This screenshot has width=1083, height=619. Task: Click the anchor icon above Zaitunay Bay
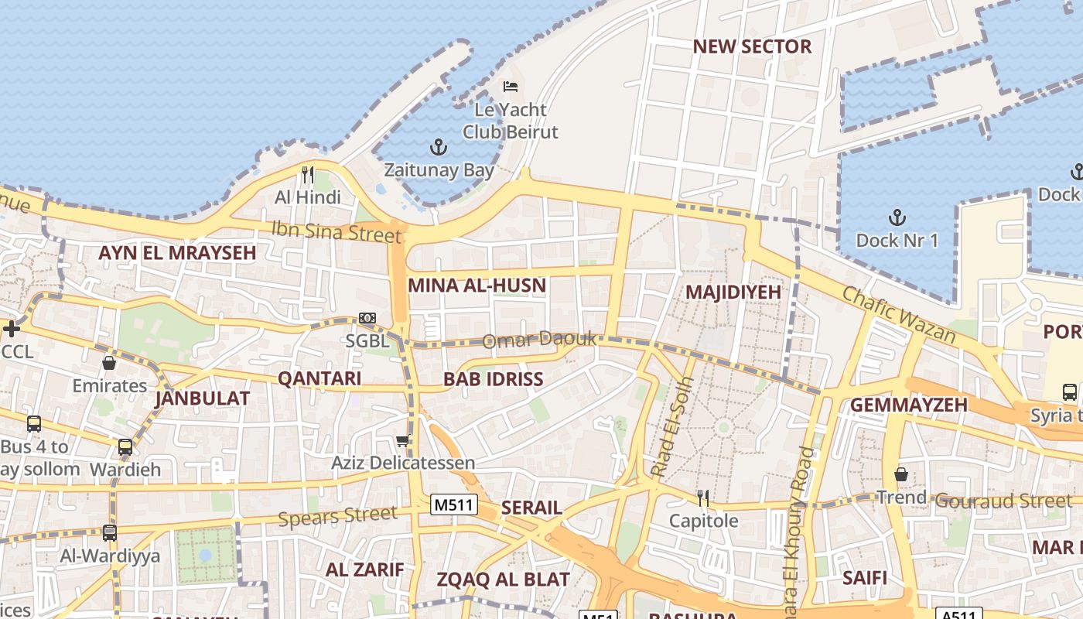pyautogui.click(x=439, y=146)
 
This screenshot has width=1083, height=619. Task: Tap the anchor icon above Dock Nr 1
pyautogui.click(x=897, y=217)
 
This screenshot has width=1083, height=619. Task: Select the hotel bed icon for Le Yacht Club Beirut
pyautogui.click(x=511, y=86)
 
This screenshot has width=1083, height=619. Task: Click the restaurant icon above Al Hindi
pyautogui.click(x=308, y=174)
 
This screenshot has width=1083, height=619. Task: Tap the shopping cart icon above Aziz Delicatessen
pyautogui.click(x=402, y=441)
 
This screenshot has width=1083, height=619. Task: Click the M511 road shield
pyautogui.click(x=454, y=505)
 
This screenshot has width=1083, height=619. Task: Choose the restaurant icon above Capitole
pyautogui.click(x=703, y=498)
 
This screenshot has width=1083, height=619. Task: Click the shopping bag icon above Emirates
pyautogui.click(x=109, y=362)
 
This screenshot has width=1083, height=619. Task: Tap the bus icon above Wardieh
pyautogui.click(x=125, y=446)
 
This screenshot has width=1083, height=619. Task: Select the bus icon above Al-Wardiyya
pyautogui.click(x=110, y=532)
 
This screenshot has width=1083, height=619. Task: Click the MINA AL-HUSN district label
pyautogui.click(x=477, y=286)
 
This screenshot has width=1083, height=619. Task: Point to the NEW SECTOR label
pyautogui.click(x=752, y=46)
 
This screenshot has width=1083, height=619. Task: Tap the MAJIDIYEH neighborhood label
pyautogui.click(x=733, y=292)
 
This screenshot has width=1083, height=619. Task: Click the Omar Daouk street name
pyautogui.click(x=540, y=340)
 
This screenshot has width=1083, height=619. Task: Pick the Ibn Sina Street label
pyautogui.click(x=336, y=231)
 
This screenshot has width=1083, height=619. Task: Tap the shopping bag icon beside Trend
pyautogui.click(x=901, y=474)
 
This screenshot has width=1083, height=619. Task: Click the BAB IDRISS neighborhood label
pyautogui.click(x=493, y=379)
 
